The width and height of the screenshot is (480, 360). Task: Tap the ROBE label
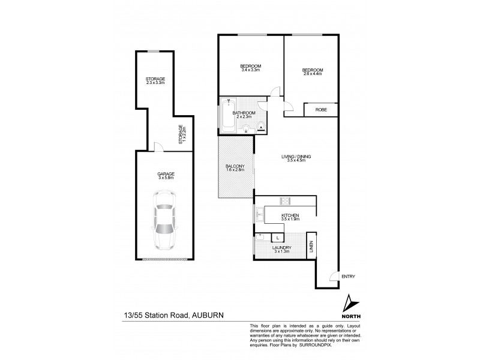click(x=322, y=110)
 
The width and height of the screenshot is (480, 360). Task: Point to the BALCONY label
click(x=235, y=168)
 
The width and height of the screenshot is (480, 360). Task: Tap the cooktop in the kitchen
click(x=284, y=201)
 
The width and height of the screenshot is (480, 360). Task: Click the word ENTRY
click(x=348, y=276)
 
